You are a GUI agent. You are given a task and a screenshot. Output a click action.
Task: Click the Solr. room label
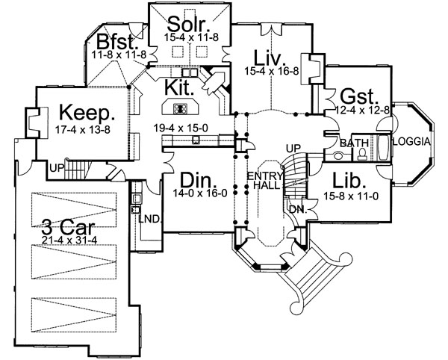click(x=189, y=25)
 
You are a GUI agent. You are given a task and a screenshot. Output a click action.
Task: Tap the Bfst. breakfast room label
click(x=116, y=42)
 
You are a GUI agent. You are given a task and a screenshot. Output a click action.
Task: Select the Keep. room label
click(x=87, y=114)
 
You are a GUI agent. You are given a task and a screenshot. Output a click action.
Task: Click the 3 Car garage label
click(x=68, y=228)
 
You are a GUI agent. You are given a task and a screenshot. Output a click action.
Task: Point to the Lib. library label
click(x=349, y=181)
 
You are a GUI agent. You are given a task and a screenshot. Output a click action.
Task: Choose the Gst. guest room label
click(x=359, y=97)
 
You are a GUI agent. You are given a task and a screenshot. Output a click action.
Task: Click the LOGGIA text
click(x=411, y=142)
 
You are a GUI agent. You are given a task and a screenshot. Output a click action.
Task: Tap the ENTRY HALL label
click(x=265, y=181)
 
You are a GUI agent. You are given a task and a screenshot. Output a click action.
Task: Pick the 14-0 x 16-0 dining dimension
click(x=200, y=193)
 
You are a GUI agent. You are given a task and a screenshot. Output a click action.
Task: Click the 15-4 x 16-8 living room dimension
click(x=272, y=71)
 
